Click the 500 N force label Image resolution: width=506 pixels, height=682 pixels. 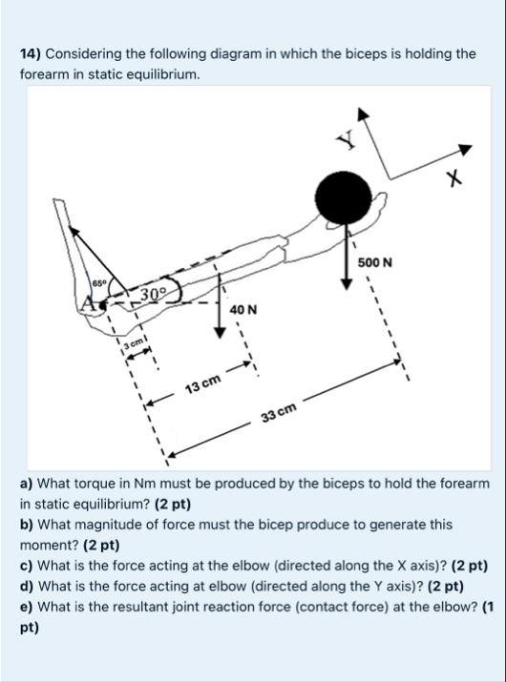(x=375, y=262)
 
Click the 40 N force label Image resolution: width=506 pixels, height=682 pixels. (x=243, y=310)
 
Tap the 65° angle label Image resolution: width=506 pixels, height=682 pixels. (x=99, y=282)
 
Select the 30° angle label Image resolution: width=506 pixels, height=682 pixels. (x=154, y=293)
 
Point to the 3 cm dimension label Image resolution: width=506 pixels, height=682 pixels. (x=134, y=343)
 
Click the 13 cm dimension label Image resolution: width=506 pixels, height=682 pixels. (x=203, y=383)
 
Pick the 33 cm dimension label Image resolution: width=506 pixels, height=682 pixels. (x=279, y=412)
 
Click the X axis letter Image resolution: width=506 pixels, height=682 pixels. (x=453, y=178)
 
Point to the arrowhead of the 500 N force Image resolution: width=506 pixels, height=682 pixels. (x=347, y=283)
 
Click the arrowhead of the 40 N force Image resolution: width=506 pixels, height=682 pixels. (x=221, y=333)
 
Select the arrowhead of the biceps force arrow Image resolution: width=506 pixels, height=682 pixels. (x=74, y=232)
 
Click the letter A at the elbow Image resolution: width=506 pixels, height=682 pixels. (x=89, y=302)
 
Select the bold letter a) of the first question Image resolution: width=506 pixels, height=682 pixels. (x=27, y=484)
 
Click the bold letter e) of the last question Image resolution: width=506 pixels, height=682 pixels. (x=27, y=607)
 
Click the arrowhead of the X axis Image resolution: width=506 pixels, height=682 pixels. (x=466, y=149)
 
